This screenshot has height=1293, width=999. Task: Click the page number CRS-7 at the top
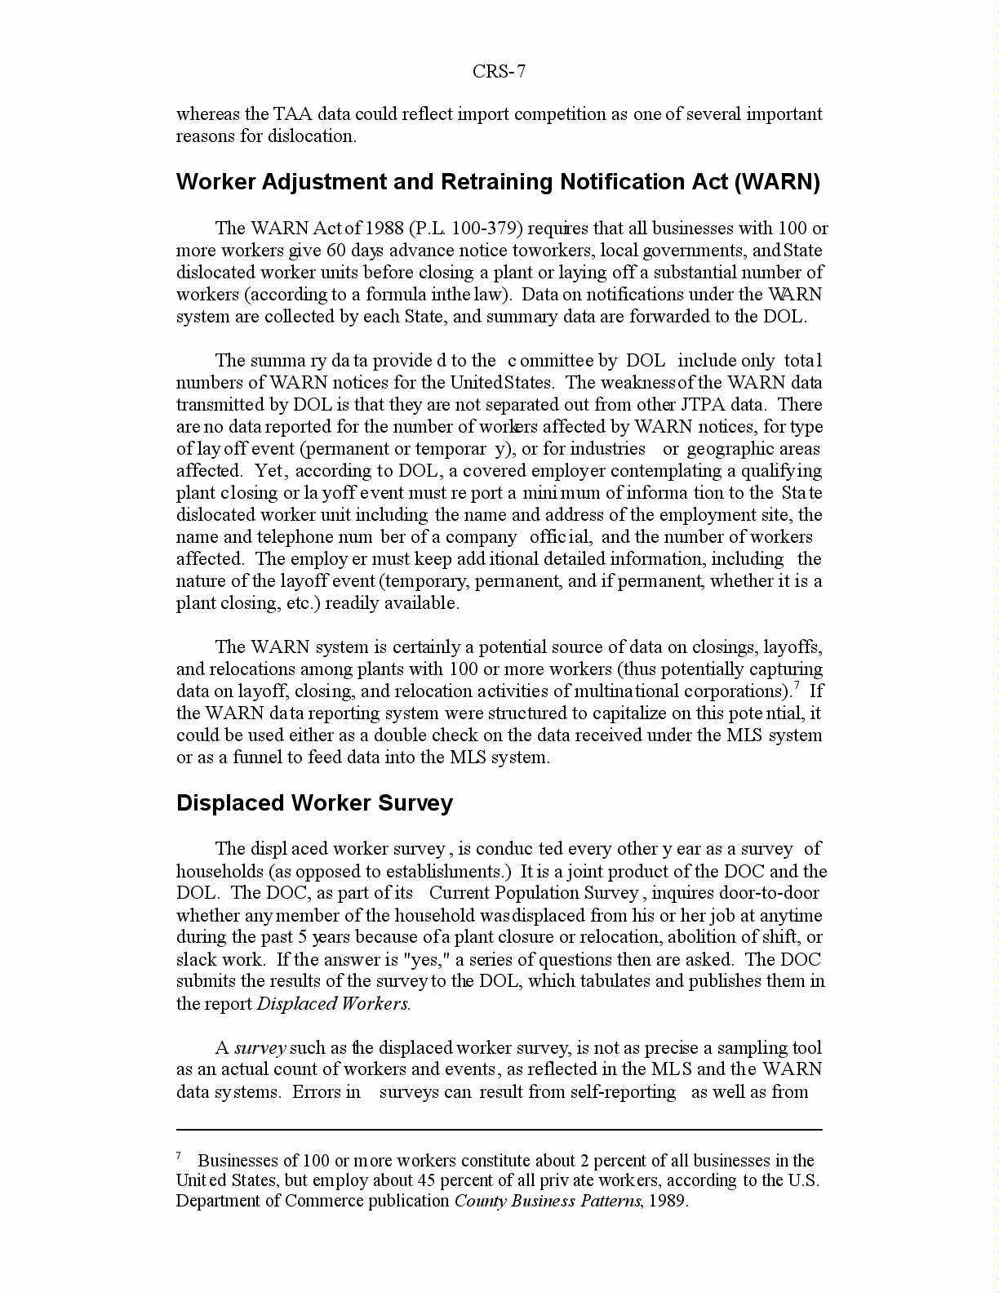(x=499, y=72)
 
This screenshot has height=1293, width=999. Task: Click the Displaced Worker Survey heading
(x=314, y=803)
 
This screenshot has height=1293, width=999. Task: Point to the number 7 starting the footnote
(x=179, y=1156)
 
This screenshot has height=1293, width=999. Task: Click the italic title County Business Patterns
(x=548, y=1202)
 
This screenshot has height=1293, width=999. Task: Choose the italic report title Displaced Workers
(x=333, y=1004)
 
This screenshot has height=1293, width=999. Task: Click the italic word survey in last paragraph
(x=260, y=1048)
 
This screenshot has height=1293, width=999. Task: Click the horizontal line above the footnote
(x=499, y=1131)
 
